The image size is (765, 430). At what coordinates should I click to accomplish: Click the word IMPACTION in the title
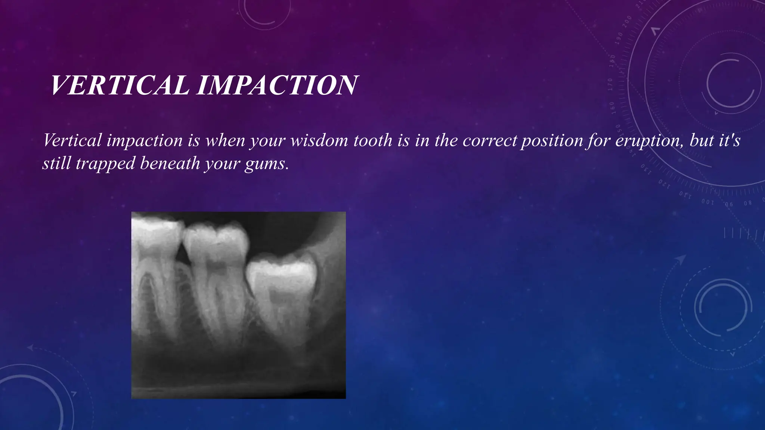277,85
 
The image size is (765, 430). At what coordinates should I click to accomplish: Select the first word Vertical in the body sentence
72,141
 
